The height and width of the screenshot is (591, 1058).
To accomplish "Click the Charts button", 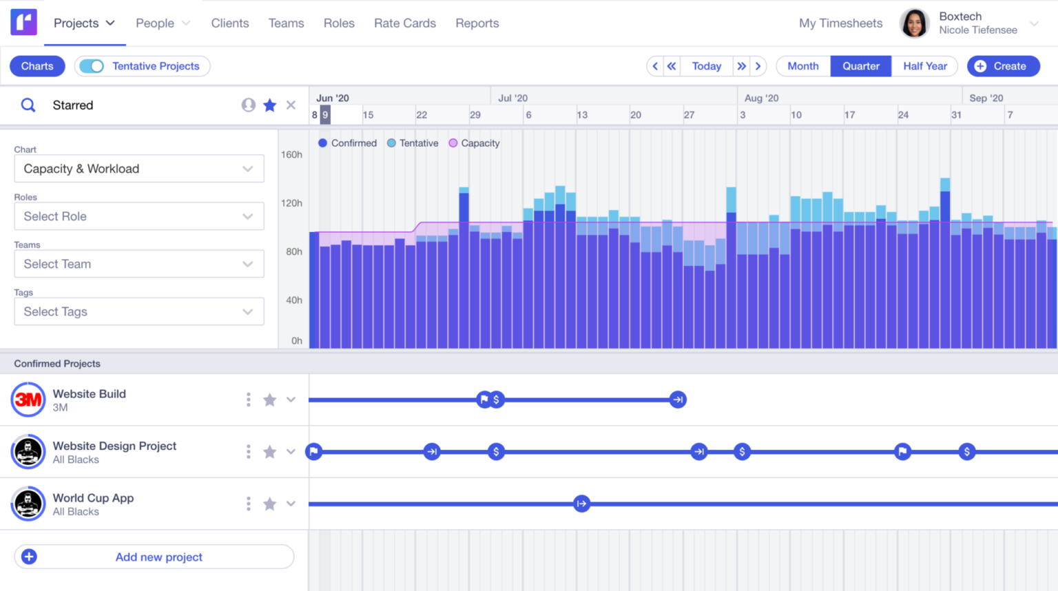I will [x=37, y=66].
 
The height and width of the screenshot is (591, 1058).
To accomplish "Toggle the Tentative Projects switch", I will [x=92, y=66].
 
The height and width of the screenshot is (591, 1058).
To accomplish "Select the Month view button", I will [x=803, y=66].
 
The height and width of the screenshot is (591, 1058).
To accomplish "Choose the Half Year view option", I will [x=925, y=66].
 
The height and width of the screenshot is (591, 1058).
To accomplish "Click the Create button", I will [x=1003, y=66].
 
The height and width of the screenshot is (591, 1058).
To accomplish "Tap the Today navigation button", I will [x=707, y=66].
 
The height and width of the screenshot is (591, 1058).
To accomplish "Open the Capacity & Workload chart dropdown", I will [x=138, y=169].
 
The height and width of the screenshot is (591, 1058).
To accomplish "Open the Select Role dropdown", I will [x=138, y=216].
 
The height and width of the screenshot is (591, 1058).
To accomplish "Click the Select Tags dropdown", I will [x=138, y=311].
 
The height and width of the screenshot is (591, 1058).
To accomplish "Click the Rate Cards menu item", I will [x=405, y=23].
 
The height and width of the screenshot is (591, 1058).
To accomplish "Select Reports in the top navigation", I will [x=477, y=23].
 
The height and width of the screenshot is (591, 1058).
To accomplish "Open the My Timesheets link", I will [x=840, y=23].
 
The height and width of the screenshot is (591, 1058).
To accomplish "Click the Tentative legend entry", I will [x=413, y=143].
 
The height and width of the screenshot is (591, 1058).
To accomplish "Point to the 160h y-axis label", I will [x=291, y=155].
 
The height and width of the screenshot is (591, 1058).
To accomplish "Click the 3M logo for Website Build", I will [x=28, y=400].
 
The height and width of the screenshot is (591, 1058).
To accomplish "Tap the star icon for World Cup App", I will [x=270, y=504].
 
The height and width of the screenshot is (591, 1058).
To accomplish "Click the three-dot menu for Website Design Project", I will [x=249, y=452].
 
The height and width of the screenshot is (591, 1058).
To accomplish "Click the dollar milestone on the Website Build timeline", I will [x=496, y=400].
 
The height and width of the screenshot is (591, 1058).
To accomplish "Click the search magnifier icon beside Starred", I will [x=28, y=105].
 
